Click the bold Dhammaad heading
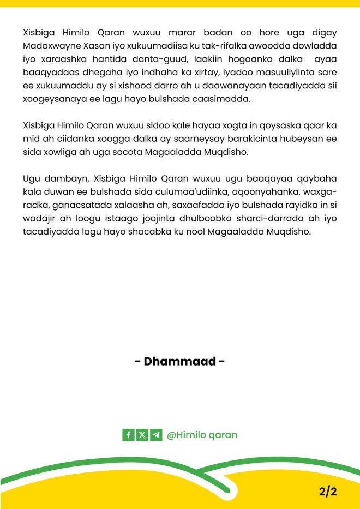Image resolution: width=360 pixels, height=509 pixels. [x=179, y=362]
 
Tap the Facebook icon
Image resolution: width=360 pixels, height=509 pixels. [x=128, y=435]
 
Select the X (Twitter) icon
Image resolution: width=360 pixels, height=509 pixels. [x=142, y=435]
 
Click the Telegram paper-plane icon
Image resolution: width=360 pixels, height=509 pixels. [x=156, y=435]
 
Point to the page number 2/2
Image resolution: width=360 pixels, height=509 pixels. [x=328, y=491]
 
